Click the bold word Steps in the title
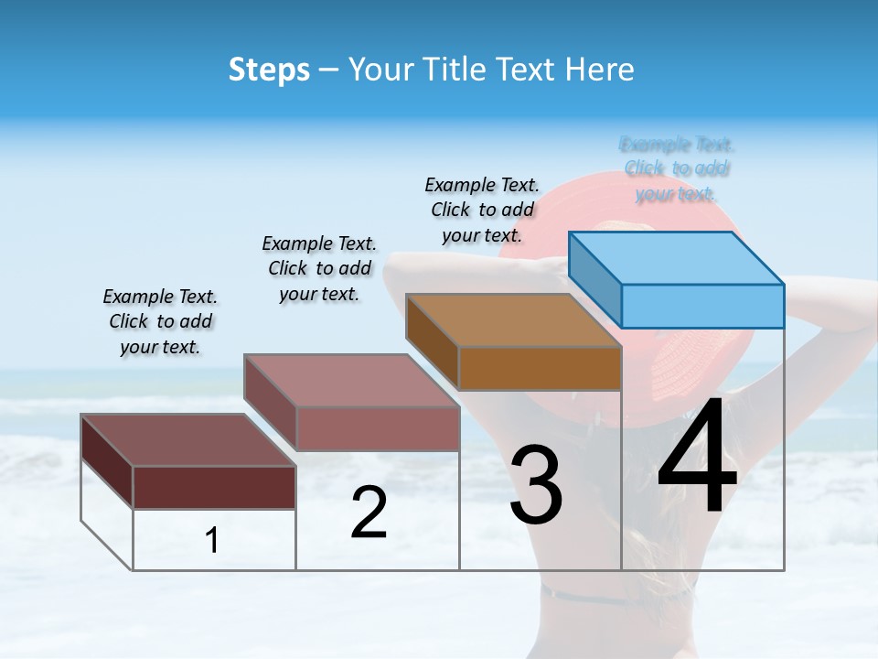[269, 70]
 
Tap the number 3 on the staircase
[536, 484]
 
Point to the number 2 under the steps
[369, 513]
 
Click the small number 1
[212, 541]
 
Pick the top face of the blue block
[676, 257]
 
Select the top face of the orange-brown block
[513, 320]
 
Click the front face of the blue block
[702, 306]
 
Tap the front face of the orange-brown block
[540, 368]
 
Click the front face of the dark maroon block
[214, 487]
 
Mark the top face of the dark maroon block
[187, 440]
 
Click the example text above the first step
[160, 321]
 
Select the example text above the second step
[319, 268]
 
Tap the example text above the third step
[482, 210]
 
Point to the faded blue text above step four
[677, 168]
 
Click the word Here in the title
[600, 70]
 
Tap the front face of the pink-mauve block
[378, 428]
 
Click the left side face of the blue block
[594, 278]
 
